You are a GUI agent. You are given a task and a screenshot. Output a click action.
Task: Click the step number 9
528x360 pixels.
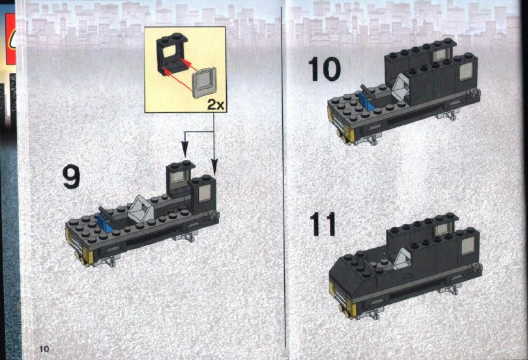(x=71, y=177)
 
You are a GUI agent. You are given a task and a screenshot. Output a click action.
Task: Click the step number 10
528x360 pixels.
(x=324, y=69)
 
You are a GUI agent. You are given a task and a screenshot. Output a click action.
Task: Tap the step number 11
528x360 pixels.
(x=323, y=224)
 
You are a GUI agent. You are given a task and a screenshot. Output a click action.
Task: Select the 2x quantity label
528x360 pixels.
(x=216, y=105)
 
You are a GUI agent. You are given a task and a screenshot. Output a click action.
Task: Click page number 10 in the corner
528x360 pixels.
(x=44, y=348)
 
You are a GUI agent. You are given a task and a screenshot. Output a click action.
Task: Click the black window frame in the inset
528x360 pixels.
(x=171, y=54)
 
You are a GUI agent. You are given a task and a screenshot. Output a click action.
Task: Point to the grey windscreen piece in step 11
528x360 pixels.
(x=402, y=260)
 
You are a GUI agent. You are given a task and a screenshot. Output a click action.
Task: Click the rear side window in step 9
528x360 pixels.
(x=205, y=194)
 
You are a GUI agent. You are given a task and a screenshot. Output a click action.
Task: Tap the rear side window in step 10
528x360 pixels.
(x=465, y=72)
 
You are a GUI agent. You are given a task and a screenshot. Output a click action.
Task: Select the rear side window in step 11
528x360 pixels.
(x=467, y=246)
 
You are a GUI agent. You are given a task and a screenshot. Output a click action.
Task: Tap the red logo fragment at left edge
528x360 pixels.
(x=10, y=39)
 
